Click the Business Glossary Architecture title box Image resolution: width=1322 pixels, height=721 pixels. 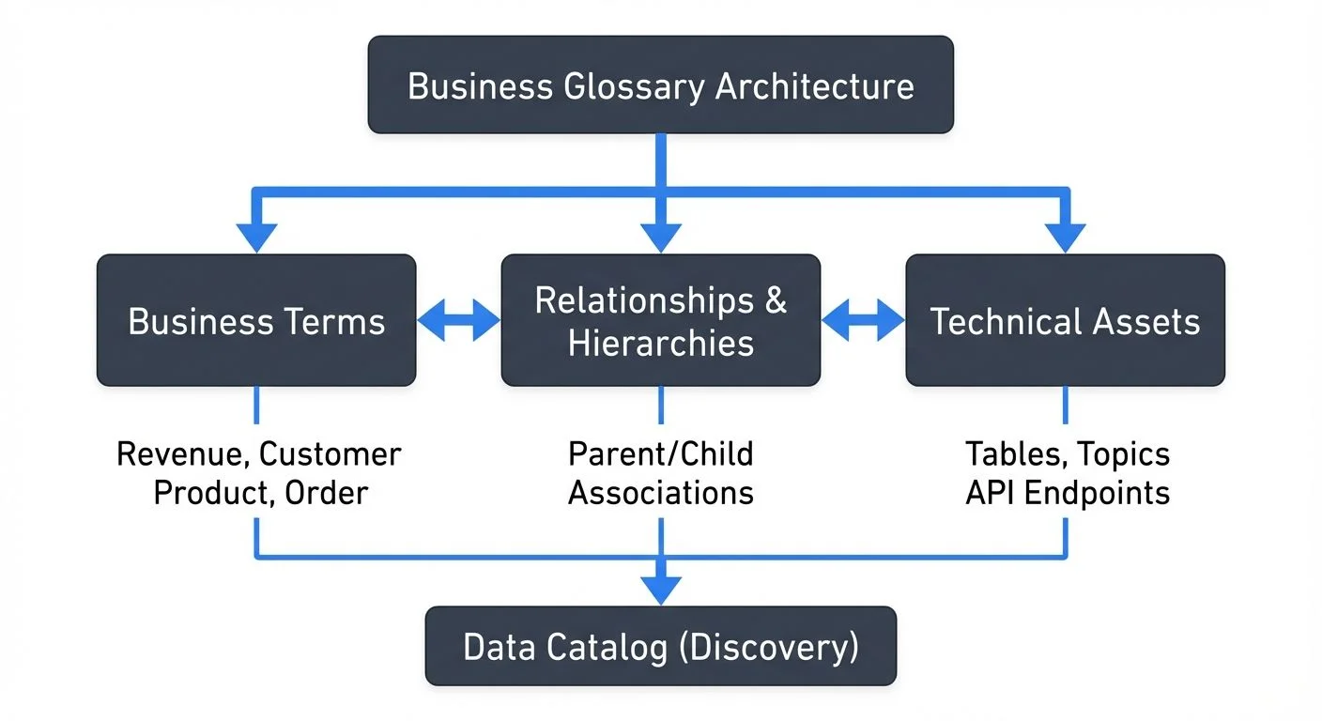tap(660, 84)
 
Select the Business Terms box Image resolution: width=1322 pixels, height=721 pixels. tap(256, 320)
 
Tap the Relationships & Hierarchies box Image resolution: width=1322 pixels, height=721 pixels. tap(660, 320)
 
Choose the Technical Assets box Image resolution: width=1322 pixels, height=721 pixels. tap(1065, 320)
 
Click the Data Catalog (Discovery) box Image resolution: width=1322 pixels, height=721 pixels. tap(660, 647)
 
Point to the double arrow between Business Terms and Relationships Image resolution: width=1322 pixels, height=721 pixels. tap(458, 320)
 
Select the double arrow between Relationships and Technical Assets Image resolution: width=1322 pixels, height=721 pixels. tap(863, 320)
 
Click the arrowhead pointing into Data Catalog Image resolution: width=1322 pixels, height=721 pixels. tap(660, 590)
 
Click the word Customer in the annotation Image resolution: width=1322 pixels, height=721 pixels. tap(330, 454)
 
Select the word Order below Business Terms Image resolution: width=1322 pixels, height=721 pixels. tap(329, 493)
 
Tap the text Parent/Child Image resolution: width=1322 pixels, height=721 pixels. tap(660, 454)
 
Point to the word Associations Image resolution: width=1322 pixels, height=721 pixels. tap(660, 493)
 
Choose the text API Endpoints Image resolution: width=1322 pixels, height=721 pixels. tap(1068, 493)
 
